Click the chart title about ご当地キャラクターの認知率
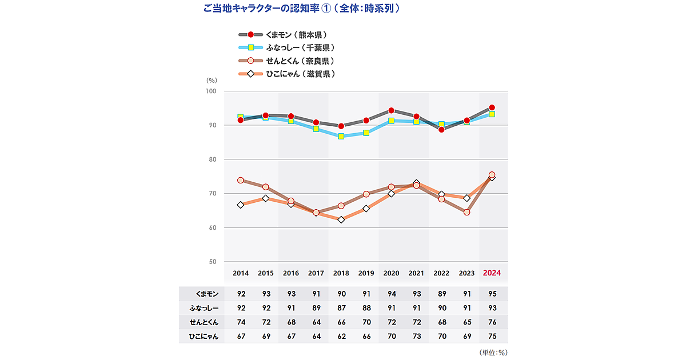[301, 9]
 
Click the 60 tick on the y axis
[213, 228]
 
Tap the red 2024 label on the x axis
[492, 273]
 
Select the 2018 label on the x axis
[341, 273]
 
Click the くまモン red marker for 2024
[492, 107]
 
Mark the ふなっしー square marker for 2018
[341, 137]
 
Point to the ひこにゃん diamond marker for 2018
[341, 219]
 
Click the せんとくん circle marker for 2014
[241, 180]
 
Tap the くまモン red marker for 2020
[391, 110]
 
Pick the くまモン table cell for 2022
[442, 294]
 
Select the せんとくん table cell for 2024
[492, 323]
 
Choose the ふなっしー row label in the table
[204, 309]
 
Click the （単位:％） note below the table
[493, 353]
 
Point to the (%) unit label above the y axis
[211, 81]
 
